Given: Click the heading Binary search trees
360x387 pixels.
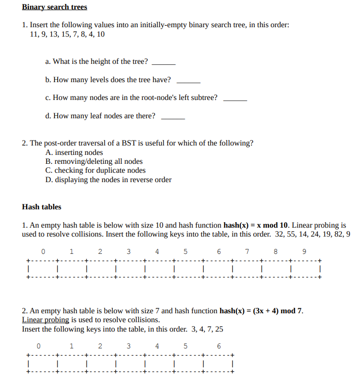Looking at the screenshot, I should coord(54,7).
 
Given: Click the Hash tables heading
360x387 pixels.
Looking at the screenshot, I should coord(42,207).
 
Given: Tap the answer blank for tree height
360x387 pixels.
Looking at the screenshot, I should coord(164,63).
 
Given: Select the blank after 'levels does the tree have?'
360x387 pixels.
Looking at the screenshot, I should coord(188,81).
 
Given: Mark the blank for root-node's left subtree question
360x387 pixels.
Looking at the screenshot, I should coord(235,99).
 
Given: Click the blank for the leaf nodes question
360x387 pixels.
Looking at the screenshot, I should coord(173,118).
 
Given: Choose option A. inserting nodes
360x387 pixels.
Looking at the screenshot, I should coord(74,152).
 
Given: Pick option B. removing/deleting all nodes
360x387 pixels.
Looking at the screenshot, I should coord(94,161).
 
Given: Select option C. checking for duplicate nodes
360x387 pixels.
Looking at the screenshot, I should coord(95,171).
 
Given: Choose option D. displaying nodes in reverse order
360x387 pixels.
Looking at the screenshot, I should coord(108,180).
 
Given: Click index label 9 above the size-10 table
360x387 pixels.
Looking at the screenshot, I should coord(304,251).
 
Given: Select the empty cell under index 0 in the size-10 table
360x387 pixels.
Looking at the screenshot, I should coord(43,269).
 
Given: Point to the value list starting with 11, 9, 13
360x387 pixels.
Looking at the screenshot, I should coord(67,34).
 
